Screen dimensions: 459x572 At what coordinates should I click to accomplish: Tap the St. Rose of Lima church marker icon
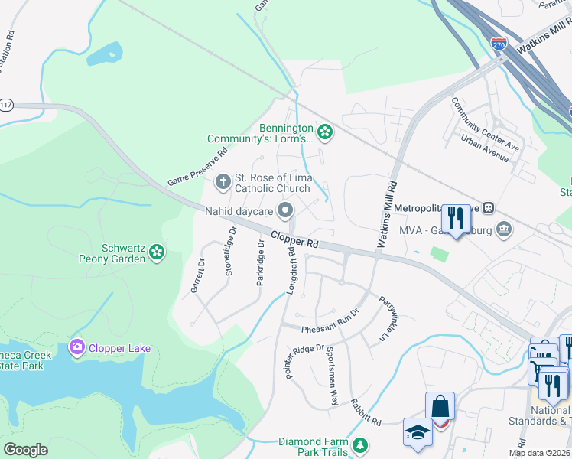tap(223, 182)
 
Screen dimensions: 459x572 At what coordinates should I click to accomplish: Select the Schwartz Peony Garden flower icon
tap(157, 252)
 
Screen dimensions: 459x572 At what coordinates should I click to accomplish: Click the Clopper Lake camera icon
tap(76, 348)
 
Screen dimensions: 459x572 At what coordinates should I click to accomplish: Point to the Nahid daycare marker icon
tap(286, 210)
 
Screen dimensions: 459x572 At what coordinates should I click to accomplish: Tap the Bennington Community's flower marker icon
tap(325, 132)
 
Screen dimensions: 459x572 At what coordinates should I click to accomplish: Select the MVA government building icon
tap(504, 228)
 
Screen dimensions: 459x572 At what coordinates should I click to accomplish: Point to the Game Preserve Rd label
tap(198, 168)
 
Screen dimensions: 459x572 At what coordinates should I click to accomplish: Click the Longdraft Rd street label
tap(292, 271)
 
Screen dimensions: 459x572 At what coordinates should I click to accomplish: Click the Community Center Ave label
tap(484, 125)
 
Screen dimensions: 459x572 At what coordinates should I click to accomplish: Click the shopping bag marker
tap(440, 405)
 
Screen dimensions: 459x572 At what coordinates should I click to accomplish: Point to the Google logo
tap(26, 450)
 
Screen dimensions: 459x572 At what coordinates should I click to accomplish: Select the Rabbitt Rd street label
tap(366, 411)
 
